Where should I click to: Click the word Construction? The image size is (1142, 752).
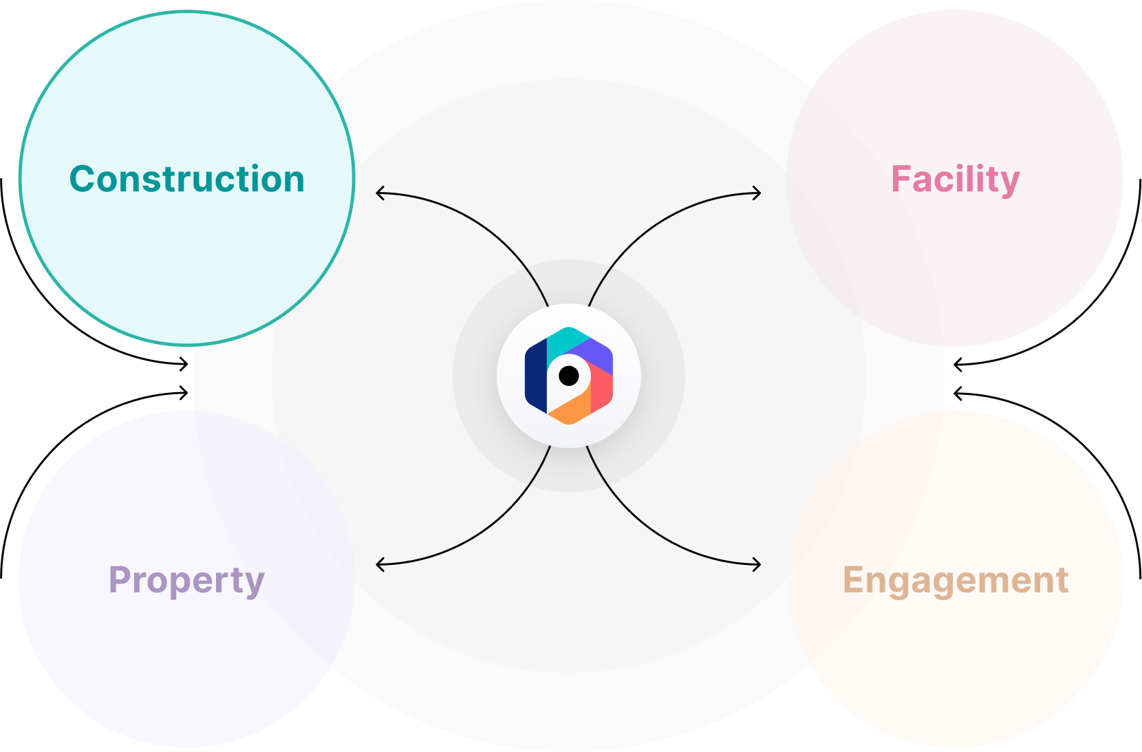(x=186, y=179)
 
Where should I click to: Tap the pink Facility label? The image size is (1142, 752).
(x=955, y=179)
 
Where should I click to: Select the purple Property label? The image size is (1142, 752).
(x=186, y=580)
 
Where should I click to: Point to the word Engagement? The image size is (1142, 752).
(x=955, y=580)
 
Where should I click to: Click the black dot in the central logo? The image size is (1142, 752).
(x=569, y=376)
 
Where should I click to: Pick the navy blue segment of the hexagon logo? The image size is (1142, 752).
(x=535, y=376)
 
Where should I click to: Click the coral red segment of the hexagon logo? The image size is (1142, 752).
(x=601, y=390)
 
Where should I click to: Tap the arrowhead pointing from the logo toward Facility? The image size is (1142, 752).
(x=759, y=193)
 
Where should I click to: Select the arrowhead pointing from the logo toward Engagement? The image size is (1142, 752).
(x=759, y=565)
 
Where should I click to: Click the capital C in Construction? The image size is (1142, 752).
(x=83, y=179)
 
